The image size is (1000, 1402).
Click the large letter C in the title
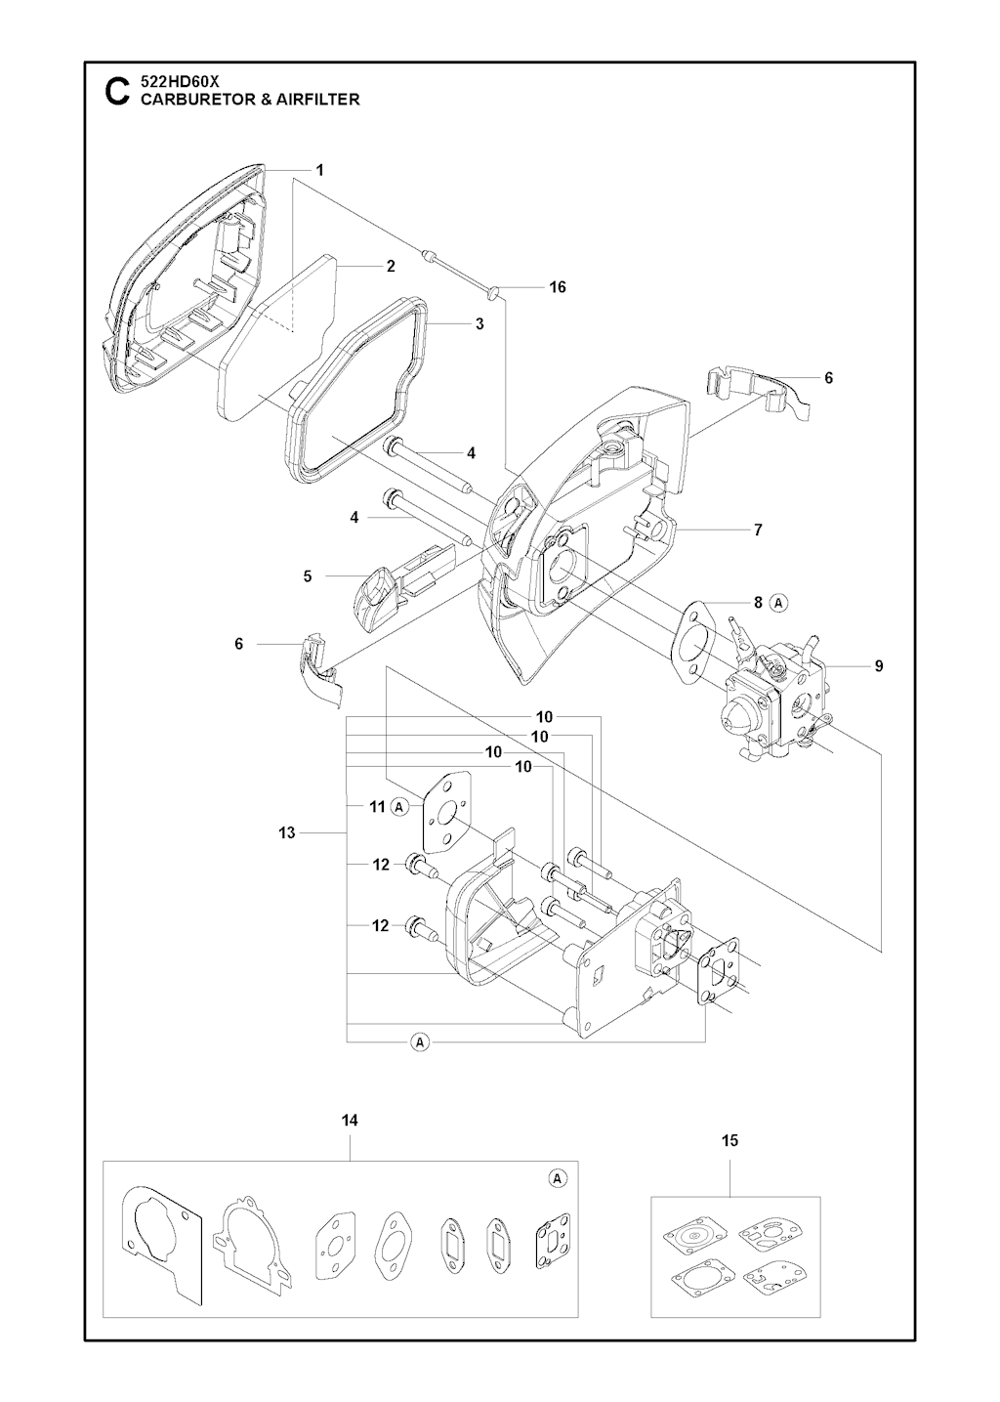click(116, 92)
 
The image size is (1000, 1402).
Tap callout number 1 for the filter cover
click(319, 170)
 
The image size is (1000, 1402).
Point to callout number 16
click(558, 287)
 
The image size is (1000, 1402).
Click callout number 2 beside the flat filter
click(392, 266)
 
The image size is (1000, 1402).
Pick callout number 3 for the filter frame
click(479, 324)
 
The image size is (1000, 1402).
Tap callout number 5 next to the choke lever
click(308, 575)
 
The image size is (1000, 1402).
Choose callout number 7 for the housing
click(759, 531)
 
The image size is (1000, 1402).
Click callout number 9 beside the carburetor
click(879, 666)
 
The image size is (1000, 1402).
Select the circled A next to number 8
click(779, 603)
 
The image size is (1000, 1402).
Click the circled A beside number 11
click(399, 807)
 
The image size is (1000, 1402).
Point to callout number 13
click(286, 833)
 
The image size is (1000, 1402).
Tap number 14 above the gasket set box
click(350, 1121)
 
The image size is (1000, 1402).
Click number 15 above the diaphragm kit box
click(730, 1140)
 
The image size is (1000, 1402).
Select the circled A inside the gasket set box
click(558, 1178)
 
